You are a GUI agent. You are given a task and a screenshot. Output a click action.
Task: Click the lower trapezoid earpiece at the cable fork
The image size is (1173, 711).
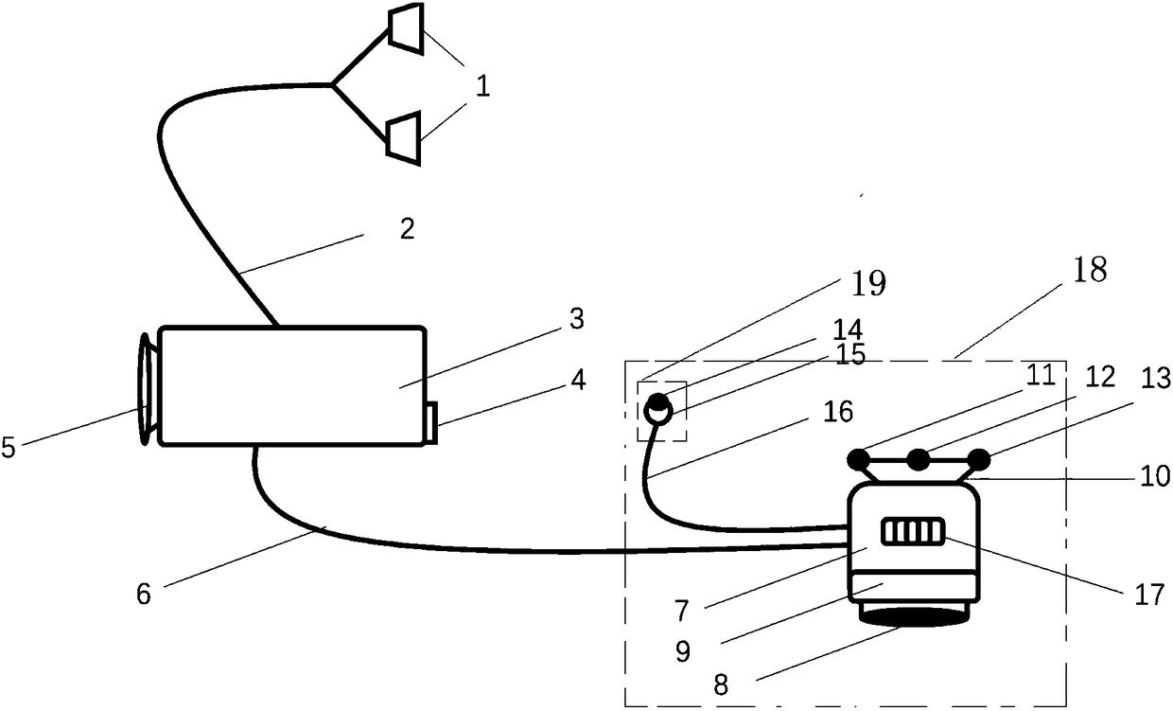(405, 133)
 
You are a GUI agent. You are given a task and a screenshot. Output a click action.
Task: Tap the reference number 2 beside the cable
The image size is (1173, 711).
(407, 228)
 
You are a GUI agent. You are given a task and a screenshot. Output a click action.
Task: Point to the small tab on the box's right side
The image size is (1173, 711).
(430, 422)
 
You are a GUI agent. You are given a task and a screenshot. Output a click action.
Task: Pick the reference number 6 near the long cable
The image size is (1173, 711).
(144, 594)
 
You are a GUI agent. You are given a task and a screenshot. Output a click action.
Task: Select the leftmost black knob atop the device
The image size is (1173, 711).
(859, 460)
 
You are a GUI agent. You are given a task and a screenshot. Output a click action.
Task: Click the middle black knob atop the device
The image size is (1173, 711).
(918, 460)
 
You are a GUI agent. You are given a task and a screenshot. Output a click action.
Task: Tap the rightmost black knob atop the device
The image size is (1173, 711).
(979, 460)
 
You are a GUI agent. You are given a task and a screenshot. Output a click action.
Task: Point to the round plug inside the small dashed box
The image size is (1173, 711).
(657, 409)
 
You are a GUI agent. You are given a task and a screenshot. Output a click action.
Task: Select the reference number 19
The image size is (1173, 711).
(868, 282)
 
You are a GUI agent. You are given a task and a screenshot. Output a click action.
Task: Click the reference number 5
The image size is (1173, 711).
(9, 448)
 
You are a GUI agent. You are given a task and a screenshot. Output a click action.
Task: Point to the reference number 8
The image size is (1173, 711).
(722, 684)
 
